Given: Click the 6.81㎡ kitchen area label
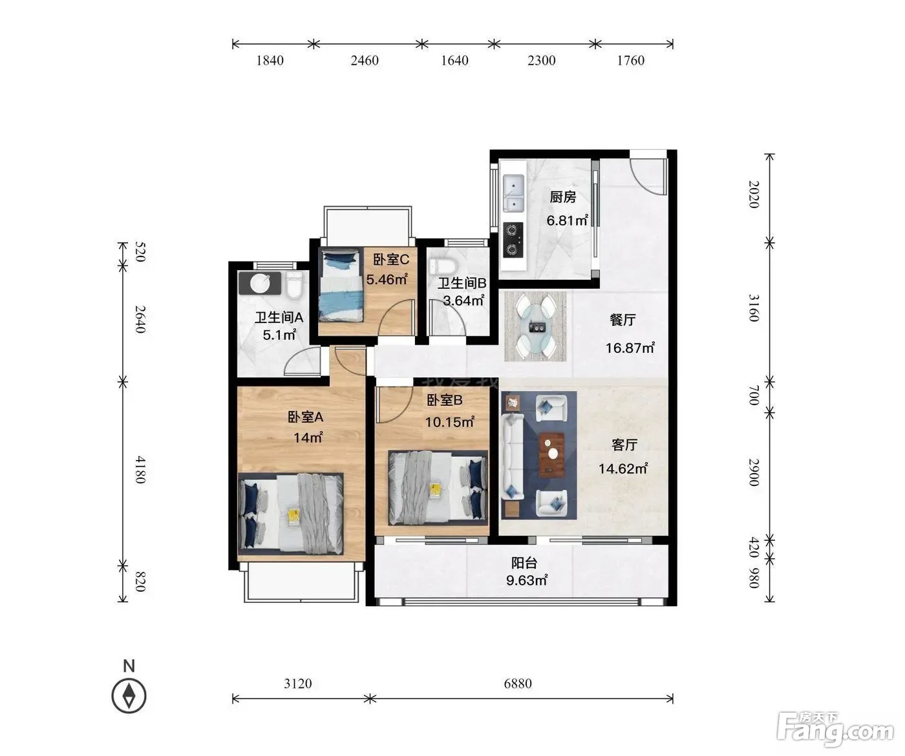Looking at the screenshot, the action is [x=567, y=220].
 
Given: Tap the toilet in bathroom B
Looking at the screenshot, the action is [x=443, y=266].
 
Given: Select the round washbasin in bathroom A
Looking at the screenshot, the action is [x=261, y=283].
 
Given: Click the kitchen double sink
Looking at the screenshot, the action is [x=514, y=193].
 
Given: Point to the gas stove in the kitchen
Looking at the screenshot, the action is [x=513, y=240].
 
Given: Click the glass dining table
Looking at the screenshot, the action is [x=537, y=326].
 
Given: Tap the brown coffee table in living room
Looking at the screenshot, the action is [x=551, y=455].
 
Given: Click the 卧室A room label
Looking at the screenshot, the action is [x=306, y=417].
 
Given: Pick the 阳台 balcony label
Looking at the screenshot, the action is [x=524, y=563].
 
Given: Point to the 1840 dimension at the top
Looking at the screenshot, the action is [x=270, y=60].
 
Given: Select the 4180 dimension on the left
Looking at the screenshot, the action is [x=140, y=470].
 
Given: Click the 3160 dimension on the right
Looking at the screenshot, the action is [x=754, y=308].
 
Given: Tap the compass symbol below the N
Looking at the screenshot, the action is [x=129, y=696].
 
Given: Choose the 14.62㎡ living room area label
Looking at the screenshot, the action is [x=623, y=468].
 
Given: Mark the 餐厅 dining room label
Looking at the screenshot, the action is [x=623, y=320].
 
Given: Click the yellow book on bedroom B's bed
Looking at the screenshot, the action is [x=435, y=490].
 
